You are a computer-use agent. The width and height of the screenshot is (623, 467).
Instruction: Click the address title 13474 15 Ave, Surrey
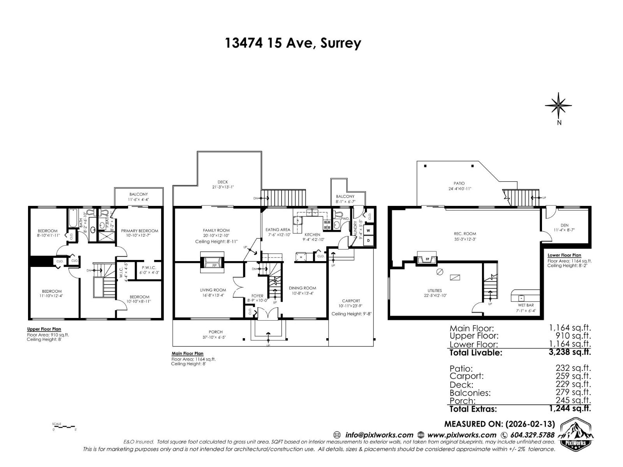[293, 43]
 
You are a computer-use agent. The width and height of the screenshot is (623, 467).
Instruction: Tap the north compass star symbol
[558, 105]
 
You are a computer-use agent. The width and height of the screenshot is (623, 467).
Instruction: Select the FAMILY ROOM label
[216, 230]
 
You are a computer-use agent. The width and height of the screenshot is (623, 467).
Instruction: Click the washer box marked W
[368, 230]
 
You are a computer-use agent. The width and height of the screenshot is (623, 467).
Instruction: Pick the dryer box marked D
[368, 241]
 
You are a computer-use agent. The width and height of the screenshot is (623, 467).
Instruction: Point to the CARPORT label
[351, 301]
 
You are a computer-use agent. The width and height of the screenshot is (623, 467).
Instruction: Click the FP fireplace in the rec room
[427, 258]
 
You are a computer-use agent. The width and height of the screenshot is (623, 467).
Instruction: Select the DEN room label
[564, 225]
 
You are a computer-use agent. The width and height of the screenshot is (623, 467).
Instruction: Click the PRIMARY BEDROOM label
[139, 231]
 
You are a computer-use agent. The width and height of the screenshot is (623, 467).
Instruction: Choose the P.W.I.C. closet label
[149, 267]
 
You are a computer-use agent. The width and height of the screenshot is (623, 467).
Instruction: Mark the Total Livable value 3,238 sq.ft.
[570, 353]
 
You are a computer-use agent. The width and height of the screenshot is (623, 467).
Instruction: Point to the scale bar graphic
[64, 427]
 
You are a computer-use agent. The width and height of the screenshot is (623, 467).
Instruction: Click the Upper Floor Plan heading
[44, 329]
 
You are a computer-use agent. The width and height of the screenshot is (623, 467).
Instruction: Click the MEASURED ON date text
[500, 424]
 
